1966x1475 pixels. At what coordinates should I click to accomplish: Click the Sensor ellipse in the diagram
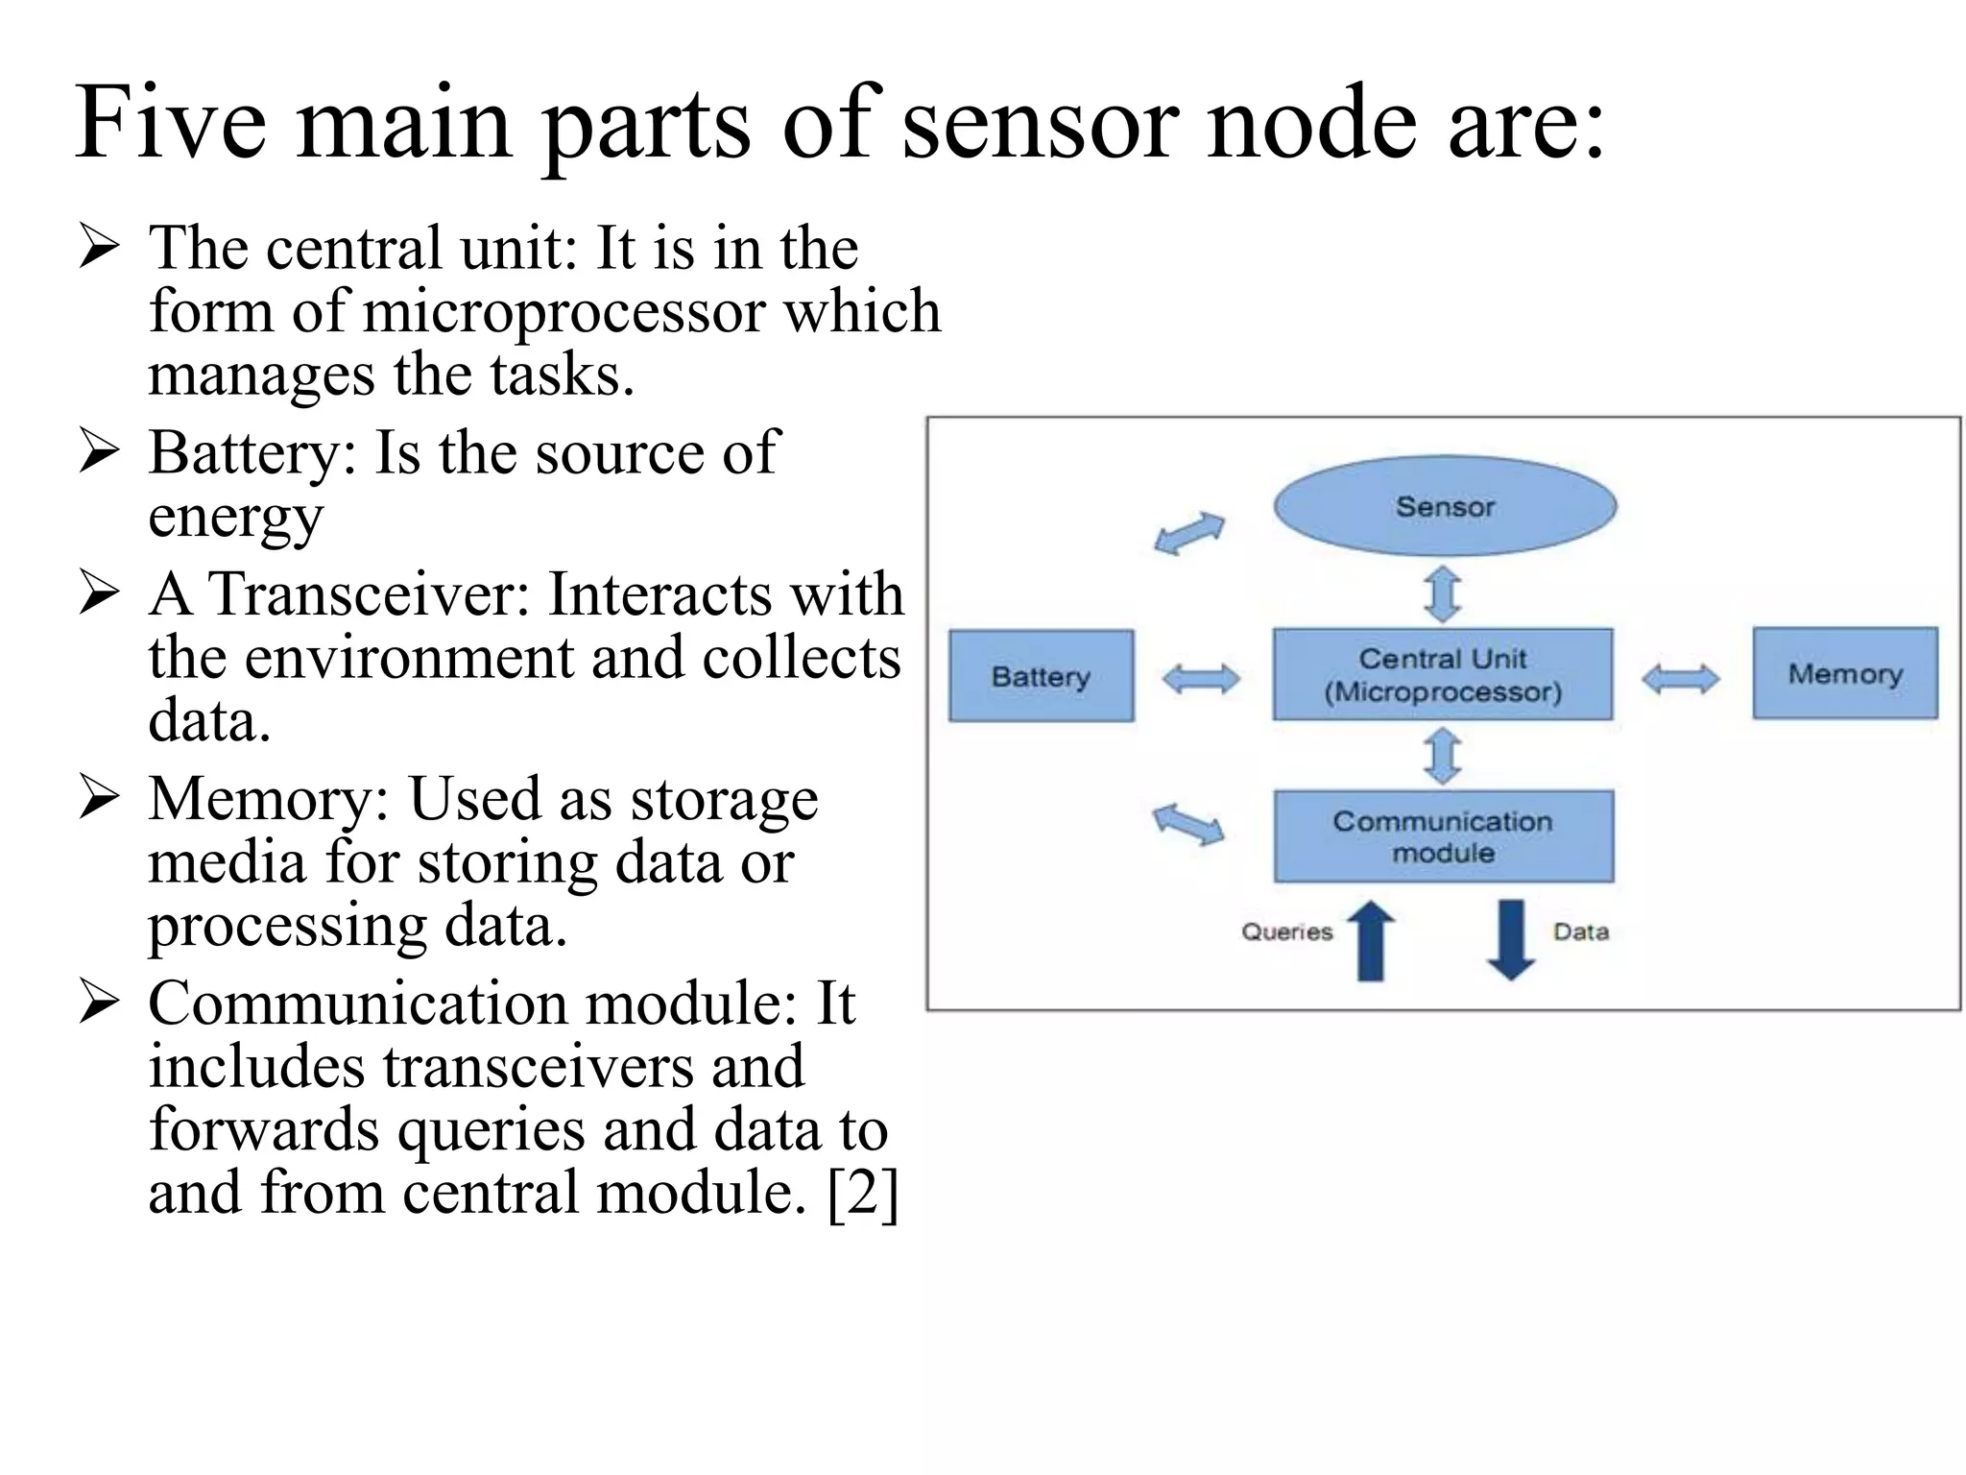click(x=1445, y=506)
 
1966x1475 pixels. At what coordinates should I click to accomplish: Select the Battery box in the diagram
click(x=1042, y=676)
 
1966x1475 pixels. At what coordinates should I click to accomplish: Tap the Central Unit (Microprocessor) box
click(x=1443, y=675)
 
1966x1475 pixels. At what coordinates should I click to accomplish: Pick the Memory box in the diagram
click(x=1845, y=673)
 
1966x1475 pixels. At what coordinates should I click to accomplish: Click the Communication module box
click(x=1444, y=836)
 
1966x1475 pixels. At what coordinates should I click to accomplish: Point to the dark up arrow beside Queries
click(x=1371, y=941)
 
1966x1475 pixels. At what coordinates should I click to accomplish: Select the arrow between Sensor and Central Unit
click(x=1443, y=593)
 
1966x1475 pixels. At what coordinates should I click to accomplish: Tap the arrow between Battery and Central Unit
click(x=1201, y=679)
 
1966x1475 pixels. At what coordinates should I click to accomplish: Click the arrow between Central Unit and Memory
click(x=1681, y=679)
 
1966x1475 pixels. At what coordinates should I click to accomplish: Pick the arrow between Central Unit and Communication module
click(x=1443, y=756)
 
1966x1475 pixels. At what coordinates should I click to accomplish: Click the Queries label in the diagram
click(x=1287, y=931)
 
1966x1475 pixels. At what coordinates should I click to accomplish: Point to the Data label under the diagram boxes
click(x=1581, y=931)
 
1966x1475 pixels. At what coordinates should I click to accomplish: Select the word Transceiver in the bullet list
click(x=370, y=594)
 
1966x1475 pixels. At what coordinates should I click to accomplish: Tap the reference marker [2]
click(x=862, y=1194)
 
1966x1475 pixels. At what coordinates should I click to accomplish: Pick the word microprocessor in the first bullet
click(x=565, y=312)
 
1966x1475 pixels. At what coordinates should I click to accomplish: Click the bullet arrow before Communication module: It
click(x=100, y=1003)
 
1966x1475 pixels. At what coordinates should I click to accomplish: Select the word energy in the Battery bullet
click(x=235, y=519)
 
